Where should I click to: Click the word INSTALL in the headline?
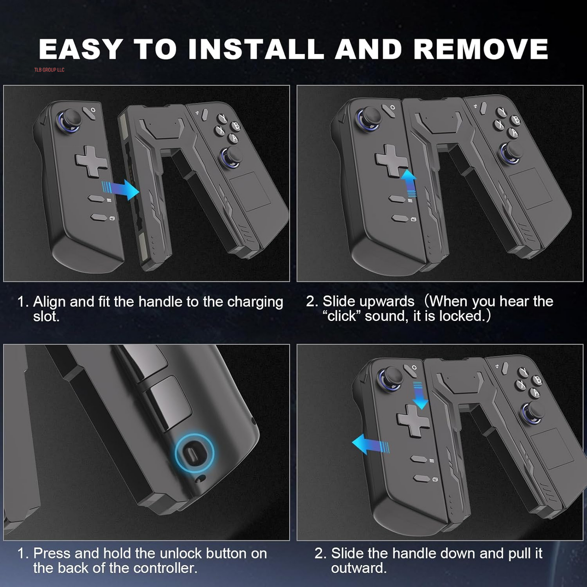coord(256,50)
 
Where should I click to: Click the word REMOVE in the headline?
coord(481,50)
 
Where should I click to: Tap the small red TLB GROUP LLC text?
coord(49,70)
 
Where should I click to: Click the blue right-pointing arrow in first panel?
coord(121,189)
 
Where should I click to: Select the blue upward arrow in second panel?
coord(409,183)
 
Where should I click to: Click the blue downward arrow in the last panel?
coord(420,395)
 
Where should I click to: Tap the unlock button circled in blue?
coord(194,453)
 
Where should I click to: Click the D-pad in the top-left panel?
coord(91,161)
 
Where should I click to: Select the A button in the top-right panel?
coord(515,133)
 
